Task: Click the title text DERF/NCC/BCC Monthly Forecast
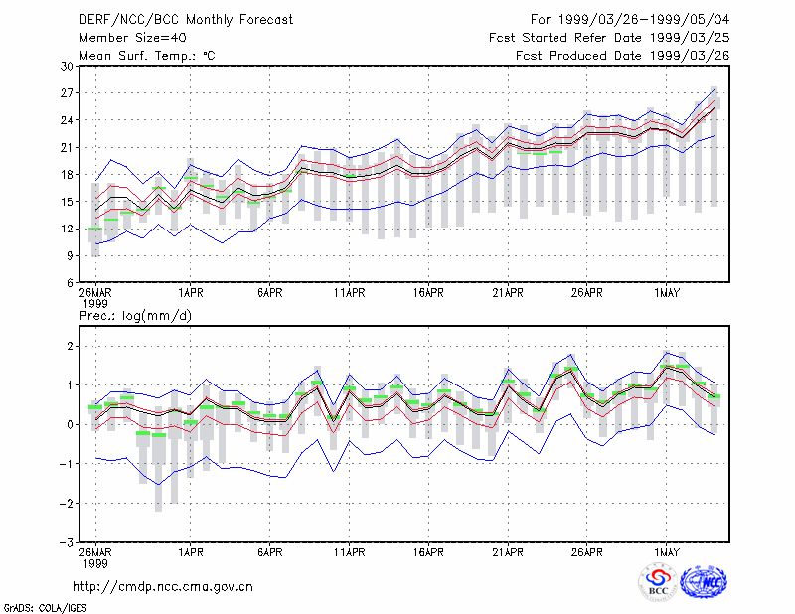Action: tap(186, 20)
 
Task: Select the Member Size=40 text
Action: tap(133, 38)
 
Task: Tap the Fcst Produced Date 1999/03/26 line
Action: tap(623, 56)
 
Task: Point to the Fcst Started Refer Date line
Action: tap(609, 38)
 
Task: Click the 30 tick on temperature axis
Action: tap(67, 66)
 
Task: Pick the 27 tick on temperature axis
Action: tap(67, 93)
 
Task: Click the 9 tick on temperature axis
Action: tap(70, 256)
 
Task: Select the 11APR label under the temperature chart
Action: tap(350, 293)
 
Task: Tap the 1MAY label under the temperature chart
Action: tap(666, 293)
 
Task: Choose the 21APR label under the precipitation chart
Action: tap(508, 552)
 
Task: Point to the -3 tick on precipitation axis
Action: tap(66, 542)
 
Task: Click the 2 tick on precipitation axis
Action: tap(70, 347)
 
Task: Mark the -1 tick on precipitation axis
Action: tap(66, 464)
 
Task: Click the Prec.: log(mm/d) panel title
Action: tap(135, 316)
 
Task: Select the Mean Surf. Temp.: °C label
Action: tap(147, 56)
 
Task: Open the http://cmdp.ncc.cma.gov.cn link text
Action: tap(163, 587)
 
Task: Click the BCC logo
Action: tap(658, 582)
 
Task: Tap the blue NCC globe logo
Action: tap(704, 582)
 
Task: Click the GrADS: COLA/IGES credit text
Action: tap(46, 608)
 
